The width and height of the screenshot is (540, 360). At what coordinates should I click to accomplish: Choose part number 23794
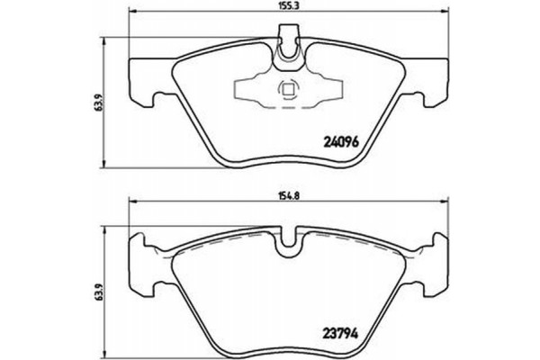pyautogui.click(x=341, y=331)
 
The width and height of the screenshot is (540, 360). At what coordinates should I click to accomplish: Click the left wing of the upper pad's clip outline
pyautogui.click(x=249, y=90)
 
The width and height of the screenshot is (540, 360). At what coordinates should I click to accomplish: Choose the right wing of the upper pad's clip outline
pyautogui.click(x=328, y=90)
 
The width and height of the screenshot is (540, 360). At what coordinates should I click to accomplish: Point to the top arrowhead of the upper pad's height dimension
pyautogui.click(x=110, y=38)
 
